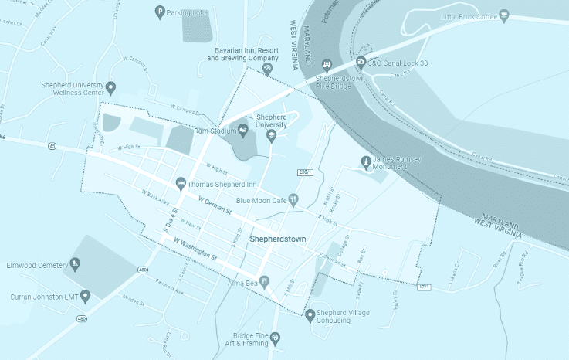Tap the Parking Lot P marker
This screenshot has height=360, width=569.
[160, 12]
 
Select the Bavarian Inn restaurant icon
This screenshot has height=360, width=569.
[267, 70]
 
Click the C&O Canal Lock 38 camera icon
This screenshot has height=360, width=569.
[361, 63]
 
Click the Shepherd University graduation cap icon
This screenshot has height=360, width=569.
[271, 136]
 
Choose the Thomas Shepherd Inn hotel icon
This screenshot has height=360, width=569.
[181, 183]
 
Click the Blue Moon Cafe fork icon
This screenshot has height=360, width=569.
[293, 199]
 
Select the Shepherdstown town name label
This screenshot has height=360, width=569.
[278, 239]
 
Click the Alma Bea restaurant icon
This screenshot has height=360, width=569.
[264, 282]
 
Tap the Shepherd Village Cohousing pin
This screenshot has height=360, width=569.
[310, 314]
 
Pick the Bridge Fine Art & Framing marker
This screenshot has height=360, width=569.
[276, 338]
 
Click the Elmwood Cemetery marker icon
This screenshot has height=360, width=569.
[75, 264]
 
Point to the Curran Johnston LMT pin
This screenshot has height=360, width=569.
[85, 295]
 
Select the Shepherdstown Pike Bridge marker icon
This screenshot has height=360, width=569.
[327, 64]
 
